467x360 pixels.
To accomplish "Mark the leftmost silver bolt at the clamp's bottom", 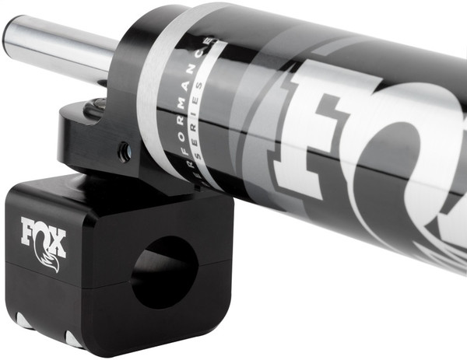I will click(24, 322).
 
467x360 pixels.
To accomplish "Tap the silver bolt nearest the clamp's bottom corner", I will click(74, 339).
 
